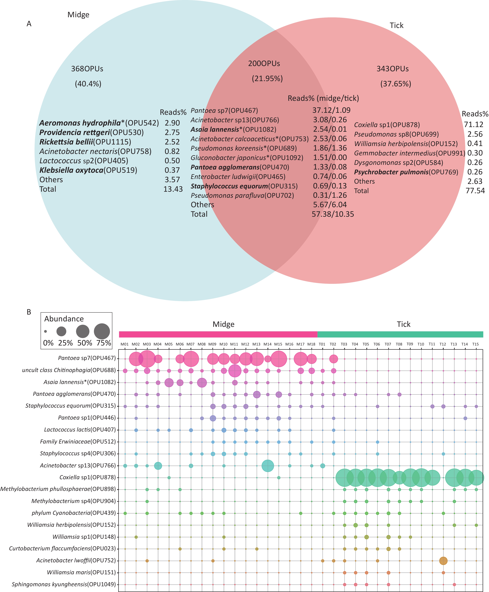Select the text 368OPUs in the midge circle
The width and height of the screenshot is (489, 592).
pos(87,69)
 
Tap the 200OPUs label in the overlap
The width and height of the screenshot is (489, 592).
pos(264,63)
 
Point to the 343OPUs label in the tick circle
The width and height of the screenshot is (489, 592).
pos(393,69)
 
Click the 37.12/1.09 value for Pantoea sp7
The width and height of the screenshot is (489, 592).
pos(331,110)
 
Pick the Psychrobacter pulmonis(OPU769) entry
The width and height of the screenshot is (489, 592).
pos(406,172)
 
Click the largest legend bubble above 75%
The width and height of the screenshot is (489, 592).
pos(102,331)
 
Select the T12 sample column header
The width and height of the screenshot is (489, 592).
pos(443,344)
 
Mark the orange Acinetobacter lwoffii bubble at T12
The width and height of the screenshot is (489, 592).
pos(443,561)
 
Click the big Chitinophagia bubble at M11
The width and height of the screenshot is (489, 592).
pos(235,371)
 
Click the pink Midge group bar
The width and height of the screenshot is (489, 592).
pos(218,334)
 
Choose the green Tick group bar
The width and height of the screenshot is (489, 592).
pos(400,334)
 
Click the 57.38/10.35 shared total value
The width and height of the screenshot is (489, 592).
pos(333,214)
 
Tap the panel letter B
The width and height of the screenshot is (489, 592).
pos(29,312)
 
